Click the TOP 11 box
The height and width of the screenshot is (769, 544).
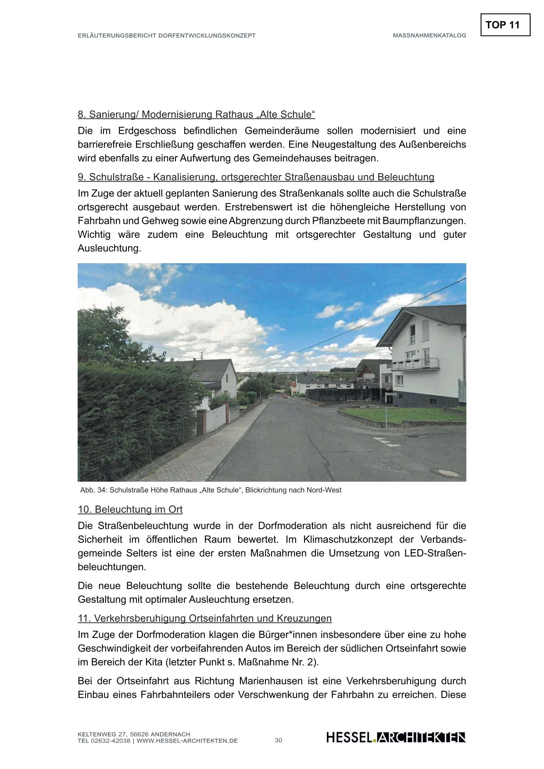click(505, 25)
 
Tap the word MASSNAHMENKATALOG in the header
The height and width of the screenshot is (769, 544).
click(429, 36)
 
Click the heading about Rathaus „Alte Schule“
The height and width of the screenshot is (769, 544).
click(196, 114)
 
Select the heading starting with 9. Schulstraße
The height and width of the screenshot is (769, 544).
click(256, 177)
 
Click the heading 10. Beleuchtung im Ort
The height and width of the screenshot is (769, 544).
click(130, 509)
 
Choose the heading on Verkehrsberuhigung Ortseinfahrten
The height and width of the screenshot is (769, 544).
click(204, 618)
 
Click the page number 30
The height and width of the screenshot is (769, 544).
click(278, 740)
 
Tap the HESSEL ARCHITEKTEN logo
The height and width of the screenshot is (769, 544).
click(396, 737)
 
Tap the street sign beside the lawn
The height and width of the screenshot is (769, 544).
click(390, 394)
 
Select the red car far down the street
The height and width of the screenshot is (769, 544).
click(285, 396)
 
